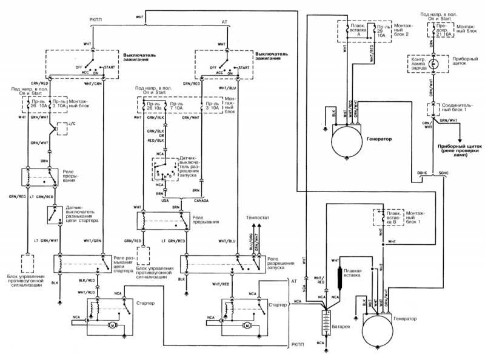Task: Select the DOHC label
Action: [x=422, y=173]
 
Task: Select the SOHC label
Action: [x=443, y=173]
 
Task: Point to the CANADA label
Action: [x=201, y=201]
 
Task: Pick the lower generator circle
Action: [x=383, y=333]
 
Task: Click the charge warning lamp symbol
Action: [x=433, y=63]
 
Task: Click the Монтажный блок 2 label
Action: [x=406, y=32]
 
